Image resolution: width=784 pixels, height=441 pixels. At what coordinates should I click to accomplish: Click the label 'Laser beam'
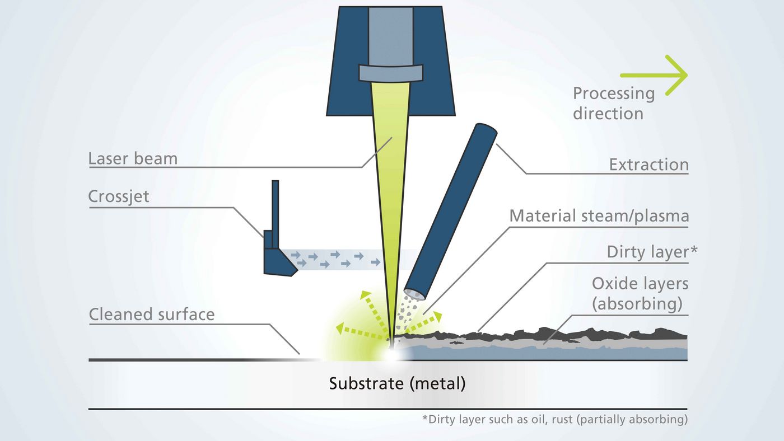point(133,158)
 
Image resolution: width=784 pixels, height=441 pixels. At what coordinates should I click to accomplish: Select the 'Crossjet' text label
point(119,197)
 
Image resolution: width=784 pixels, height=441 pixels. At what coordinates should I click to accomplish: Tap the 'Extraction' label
point(648,165)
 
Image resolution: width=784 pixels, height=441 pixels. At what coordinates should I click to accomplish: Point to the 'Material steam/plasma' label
point(599,215)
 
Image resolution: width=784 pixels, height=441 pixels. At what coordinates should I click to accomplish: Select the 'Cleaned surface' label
point(152,314)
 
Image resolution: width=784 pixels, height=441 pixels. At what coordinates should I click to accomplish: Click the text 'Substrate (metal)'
point(397,384)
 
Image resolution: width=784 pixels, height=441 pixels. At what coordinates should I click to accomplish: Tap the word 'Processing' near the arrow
point(614,93)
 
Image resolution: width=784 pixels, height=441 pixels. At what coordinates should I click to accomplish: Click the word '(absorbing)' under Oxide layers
point(640,304)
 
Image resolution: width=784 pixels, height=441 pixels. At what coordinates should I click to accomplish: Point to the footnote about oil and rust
point(554,419)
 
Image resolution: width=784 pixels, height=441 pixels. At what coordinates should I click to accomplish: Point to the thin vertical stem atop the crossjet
point(275,204)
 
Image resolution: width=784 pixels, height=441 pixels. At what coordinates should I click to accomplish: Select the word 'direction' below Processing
point(608,113)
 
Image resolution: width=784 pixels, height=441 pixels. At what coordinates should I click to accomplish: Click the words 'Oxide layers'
point(640,283)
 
